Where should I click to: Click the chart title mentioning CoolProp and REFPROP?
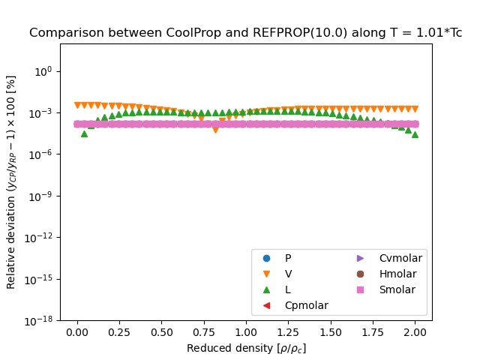pyautogui.click(x=245, y=33)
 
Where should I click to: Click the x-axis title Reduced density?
pyautogui.click(x=246, y=348)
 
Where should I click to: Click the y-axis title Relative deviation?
pyautogui.click(x=11, y=181)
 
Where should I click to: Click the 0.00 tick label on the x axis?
pyautogui.click(x=77, y=333)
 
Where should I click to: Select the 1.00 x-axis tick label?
pyautogui.click(x=246, y=333)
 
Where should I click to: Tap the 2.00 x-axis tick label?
pyautogui.click(x=415, y=333)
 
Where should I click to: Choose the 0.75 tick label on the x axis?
pyautogui.click(x=204, y=333)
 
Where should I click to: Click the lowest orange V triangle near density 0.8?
pyautogui.click(x=215, y=130)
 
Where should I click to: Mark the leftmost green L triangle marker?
pyautogui.click(x=84, y=133)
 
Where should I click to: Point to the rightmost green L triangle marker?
pyautogui.click(x=415, y=134)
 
